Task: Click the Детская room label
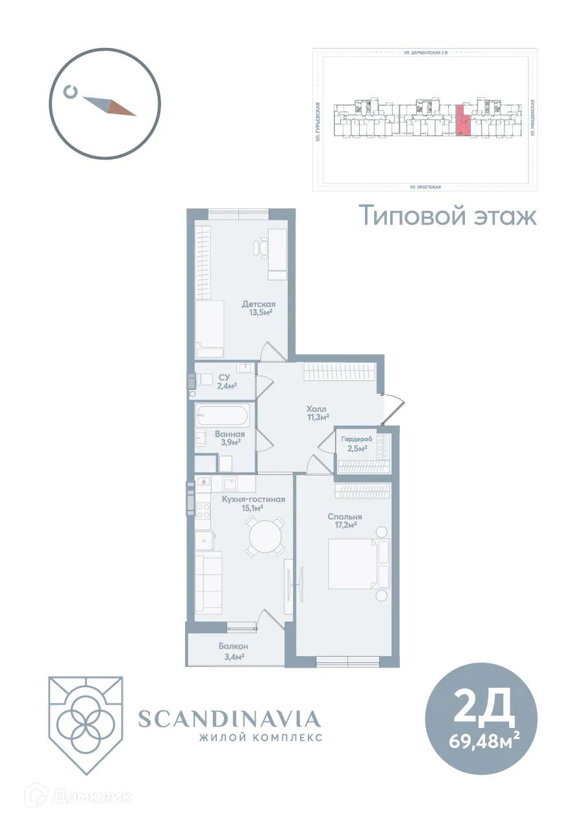(259, 304)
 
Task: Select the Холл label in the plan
(316, 409)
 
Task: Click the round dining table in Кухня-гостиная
(265, 536)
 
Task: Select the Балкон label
(233, 646)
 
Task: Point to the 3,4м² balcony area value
(232, 657)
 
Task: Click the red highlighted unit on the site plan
(463, 121)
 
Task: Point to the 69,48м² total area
(483, 740)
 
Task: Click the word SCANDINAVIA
(230, 719)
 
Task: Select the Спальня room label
(344, 516)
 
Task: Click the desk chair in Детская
(262, 247)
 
